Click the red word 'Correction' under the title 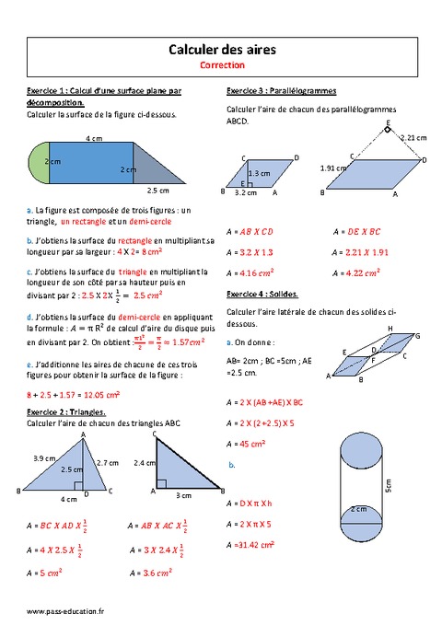221,66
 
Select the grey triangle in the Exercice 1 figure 152,167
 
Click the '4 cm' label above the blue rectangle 93,138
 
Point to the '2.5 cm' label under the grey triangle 157,191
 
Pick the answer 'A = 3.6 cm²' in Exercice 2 148,573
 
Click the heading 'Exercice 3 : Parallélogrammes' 280,91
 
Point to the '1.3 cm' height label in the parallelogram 260,173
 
